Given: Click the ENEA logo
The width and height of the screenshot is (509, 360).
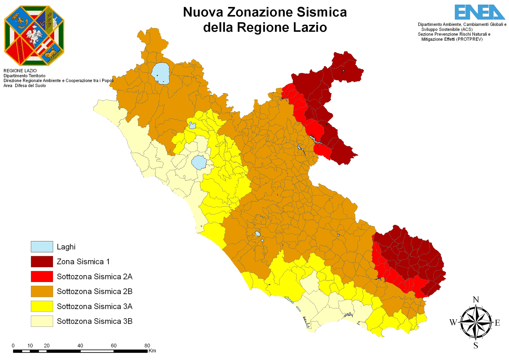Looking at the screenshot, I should (x=479, y=12).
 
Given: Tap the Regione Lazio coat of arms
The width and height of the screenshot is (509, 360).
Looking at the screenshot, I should (x=34, y=36).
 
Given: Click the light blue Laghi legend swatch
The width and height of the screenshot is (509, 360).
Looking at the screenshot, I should (x=42, y=247).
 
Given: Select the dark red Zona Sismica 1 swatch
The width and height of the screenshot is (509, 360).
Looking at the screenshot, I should (x=42, y=262).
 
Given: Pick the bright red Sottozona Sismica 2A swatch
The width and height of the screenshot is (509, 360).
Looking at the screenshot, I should (x=42, y=276).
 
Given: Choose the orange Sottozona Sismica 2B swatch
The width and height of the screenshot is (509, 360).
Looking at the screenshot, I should (x=42, y=291).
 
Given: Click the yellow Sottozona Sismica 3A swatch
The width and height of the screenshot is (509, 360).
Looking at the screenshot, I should (x=42, y=306).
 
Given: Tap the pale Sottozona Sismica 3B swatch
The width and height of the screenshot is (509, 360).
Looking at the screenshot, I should (x=42, y=321).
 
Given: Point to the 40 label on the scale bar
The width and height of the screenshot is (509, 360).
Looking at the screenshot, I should (x=80, y=346).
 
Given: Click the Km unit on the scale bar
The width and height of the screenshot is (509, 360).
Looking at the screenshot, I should (x=152, y=351).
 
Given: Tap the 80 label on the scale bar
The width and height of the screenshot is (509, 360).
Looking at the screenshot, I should (x=147, y=346).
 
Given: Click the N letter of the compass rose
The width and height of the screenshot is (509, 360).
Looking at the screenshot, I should (x=476, y=300).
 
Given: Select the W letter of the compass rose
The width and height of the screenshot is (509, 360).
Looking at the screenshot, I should (x=453, y=322).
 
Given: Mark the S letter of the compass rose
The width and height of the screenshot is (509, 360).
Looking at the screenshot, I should (x=476, y=346).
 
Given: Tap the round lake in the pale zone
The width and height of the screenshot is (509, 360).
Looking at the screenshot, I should (x=199, y=162).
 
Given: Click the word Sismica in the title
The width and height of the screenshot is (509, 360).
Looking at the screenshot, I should (x=322, y=12).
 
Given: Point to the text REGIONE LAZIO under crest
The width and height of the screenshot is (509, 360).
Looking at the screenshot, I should (x=20, y=71).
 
